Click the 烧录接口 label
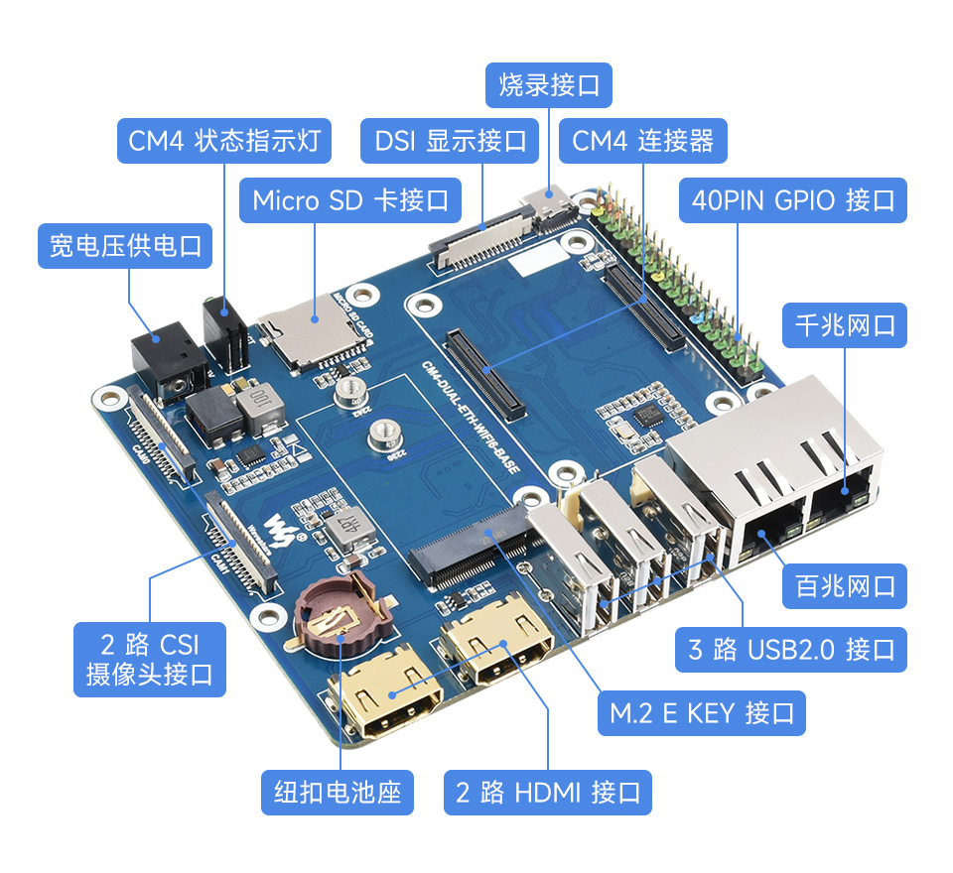tap(549, 85)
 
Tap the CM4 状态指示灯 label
tap(223, 141)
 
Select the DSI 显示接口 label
tap(450, 141)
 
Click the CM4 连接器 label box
tap(642, 141)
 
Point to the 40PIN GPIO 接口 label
tap(792, 200)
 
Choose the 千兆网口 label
tap(845, 324)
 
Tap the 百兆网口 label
tap(845, 585)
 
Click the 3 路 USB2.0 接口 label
tap(790, 650)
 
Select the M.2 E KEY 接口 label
tap(701, 712)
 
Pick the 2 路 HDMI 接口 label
tap(548, 793)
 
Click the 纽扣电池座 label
tap(337, 793)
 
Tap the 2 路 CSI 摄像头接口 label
tap(149, 659)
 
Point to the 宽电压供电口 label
tap(125, 245)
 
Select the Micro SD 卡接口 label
tap(350, 200)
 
